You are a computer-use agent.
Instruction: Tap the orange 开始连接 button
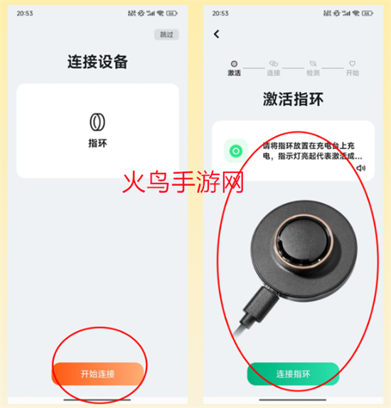(x=98, y=374)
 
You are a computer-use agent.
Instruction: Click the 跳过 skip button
(x=166, y=34)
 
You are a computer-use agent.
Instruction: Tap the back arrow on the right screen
(x=216, y=34)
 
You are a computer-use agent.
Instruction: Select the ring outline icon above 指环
(x=97, y=122)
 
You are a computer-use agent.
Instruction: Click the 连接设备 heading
(x=97, y=62)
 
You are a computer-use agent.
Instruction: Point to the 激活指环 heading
(x=293, y=99)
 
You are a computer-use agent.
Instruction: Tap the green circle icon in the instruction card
(x=236, y=151)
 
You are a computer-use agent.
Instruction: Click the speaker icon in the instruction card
(x=361, y=168)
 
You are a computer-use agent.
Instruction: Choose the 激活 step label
(x=234, y=73)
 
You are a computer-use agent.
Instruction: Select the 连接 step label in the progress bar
(x=274, y=73)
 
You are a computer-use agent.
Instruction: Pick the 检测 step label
(x=313, y=73)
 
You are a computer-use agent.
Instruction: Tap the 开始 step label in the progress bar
(x=352, y=73)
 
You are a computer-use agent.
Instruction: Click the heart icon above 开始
(x=352, y=63)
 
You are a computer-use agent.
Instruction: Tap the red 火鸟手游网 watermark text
(x=183, y=182)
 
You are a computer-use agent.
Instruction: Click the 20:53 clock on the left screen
(x=25, y=13)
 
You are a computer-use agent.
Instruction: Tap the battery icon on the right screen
(x=368, y=13)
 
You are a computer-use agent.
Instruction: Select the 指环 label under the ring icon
(x=97, y=143)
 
